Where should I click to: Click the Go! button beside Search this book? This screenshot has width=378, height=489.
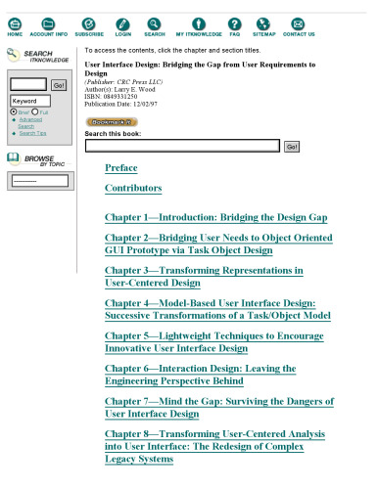(292, 146)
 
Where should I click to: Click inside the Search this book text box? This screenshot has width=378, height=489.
(182, 146)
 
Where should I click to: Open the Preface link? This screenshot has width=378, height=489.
(121, 167)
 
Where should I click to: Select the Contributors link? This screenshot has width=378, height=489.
(133, 188)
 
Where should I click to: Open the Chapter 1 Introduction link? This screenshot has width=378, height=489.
(215, 217)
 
